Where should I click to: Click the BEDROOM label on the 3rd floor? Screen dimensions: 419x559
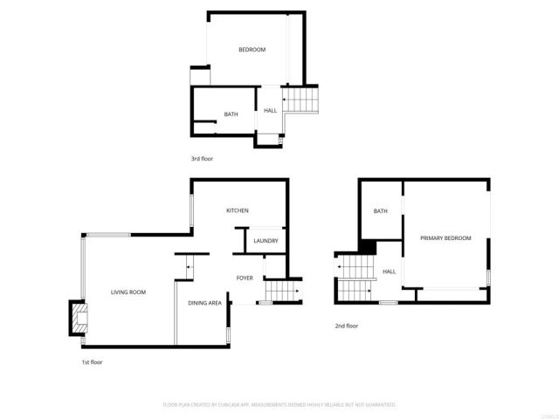pos(252,50)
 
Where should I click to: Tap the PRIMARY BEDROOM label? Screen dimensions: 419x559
pos(445,238)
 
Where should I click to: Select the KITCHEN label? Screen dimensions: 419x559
pos(238,211)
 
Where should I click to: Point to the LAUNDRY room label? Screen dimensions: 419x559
pos(266,242)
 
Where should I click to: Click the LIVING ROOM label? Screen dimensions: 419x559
pos(128,292)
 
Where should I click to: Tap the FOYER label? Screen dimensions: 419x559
pos(245,278)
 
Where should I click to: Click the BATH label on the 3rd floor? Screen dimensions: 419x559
pos(231,114)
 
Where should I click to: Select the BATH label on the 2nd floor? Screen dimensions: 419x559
pos(381,211)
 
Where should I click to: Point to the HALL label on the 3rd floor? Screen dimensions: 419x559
pos(271,110)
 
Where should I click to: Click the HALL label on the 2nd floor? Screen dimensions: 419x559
pos(389,271)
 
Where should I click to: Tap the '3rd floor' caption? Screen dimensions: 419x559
pos(202,159)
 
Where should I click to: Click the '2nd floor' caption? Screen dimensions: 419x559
pos(347,326)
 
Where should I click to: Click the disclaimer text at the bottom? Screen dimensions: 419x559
pos(279,405)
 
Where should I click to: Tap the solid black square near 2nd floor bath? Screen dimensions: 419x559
pos(369,248)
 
